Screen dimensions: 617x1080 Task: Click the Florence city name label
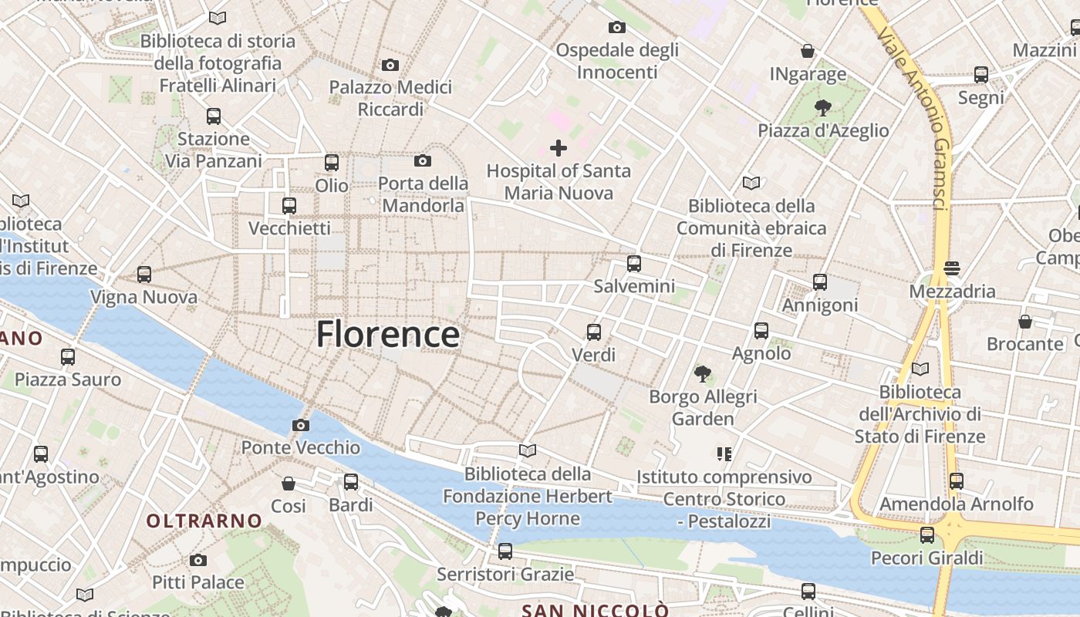pos(388,335)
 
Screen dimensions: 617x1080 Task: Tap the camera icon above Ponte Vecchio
pos(301,425)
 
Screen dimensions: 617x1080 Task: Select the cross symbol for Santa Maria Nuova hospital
pos(559,148)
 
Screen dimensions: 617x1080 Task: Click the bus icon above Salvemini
pos(634,264)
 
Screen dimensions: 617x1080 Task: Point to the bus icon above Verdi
pos(593,332)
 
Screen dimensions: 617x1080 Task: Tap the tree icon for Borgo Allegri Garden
pos(702,375)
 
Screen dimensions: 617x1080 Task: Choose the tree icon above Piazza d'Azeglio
pos(822,108)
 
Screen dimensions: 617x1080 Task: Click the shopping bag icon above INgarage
pos(808,52)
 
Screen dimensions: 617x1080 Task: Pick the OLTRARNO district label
pos(204,521)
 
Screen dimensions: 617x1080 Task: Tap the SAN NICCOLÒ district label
pos(595,610)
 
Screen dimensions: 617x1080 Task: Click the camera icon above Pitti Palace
pos(198,560)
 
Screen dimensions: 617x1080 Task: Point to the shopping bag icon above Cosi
pos(289,484)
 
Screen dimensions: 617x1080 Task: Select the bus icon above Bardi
pos(351,482)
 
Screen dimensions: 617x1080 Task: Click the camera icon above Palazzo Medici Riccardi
pos(390,66)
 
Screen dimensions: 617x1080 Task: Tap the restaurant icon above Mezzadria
pos(952,268)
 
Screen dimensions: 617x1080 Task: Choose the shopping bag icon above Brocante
pos(1025,321)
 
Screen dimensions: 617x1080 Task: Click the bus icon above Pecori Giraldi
pos(927,534)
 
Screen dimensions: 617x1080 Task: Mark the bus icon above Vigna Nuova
pos(144,274)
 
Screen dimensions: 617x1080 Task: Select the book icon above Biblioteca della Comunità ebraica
pos(751,184)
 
